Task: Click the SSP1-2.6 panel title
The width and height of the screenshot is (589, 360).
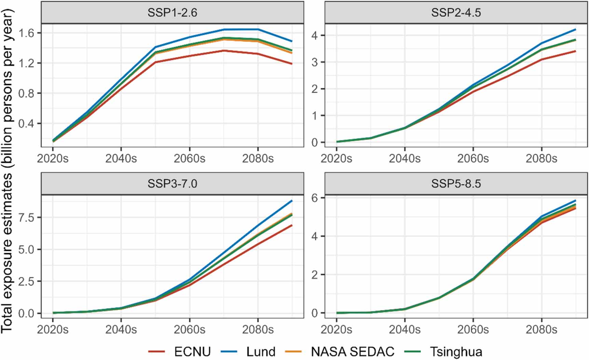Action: tap(172, 13)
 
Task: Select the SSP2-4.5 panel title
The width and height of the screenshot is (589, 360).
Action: tap(456, 13)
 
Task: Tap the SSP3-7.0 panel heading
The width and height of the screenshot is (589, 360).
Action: tap(172, 184)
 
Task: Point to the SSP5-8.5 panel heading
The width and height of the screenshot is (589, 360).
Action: tap(456, 184)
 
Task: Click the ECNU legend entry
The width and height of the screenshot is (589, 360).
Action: tap(192, 351)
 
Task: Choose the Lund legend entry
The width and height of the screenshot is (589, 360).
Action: tap(260, 351)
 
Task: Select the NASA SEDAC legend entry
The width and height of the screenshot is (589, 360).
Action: tap(352, 351)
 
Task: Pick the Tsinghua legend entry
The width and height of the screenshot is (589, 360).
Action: tap(456, 351)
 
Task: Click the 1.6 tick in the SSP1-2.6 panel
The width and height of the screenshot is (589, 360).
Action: tap(26, 33)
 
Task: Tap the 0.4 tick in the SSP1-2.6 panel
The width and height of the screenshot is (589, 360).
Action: tap(26, 123)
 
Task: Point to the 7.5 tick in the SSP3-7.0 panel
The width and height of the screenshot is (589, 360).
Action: tap(26, 218)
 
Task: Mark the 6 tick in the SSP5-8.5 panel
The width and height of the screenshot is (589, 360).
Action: tap(314, 198)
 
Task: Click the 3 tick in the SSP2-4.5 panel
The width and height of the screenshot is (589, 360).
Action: tap(314, 63)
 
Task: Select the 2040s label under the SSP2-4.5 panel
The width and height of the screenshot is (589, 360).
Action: tap(405, 158)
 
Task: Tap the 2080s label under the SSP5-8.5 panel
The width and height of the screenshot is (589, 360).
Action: tap(541, 329)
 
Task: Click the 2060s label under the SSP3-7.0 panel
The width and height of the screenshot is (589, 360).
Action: tap(189, 329)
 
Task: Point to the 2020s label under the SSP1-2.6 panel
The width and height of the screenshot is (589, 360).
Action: tap(53, 158)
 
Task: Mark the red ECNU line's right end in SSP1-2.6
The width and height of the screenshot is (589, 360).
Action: tap(292, 64)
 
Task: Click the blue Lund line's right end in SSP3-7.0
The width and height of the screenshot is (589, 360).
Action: tap(292, 201)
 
